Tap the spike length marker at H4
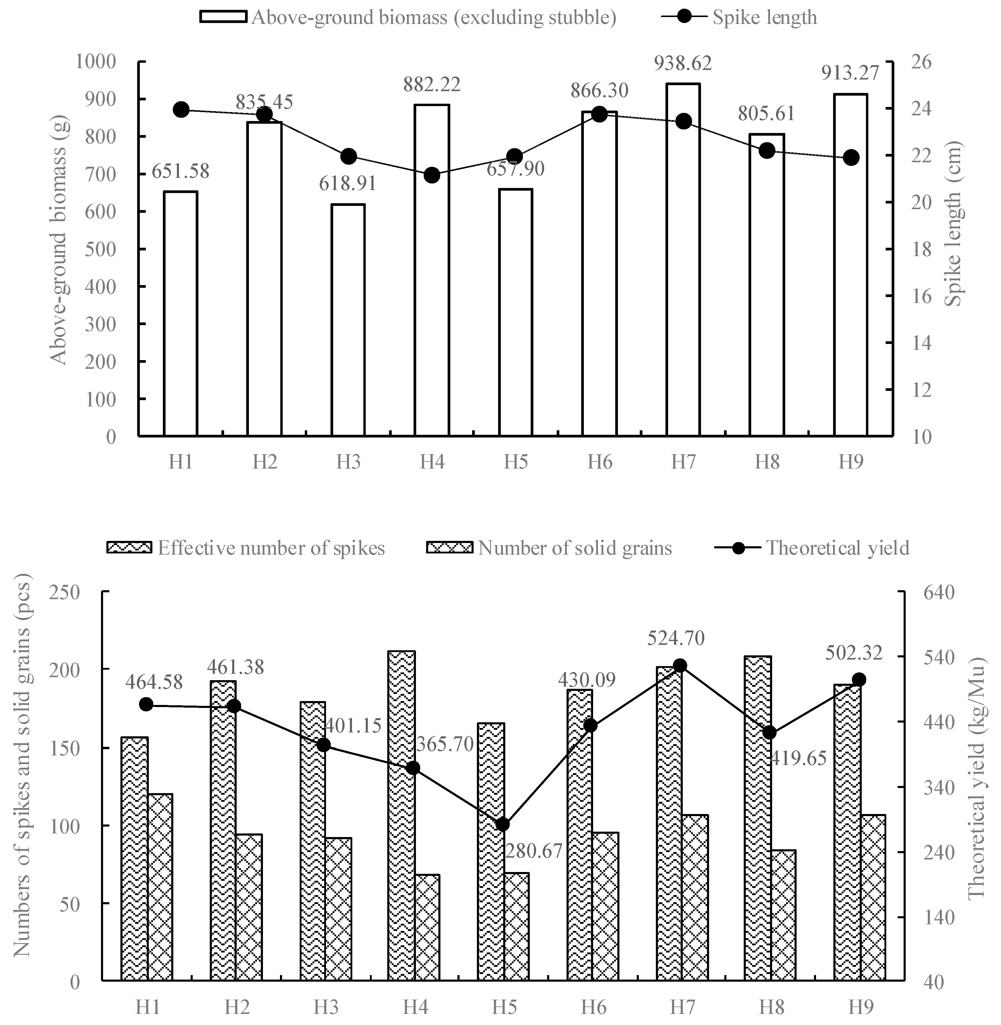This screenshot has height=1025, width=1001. point(432,175)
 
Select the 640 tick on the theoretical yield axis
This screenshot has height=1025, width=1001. point(939,592)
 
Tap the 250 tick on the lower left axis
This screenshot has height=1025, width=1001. point(66,592)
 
